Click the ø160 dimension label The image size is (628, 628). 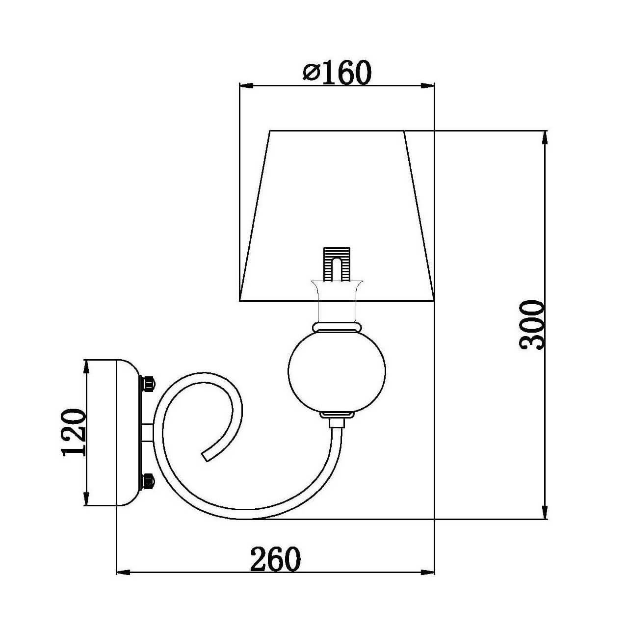(337, 72)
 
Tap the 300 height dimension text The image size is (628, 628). (532, 325)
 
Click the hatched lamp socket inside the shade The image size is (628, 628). (337, 264)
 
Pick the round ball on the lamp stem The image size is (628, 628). (337, 371)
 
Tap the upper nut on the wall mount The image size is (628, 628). (148, 384)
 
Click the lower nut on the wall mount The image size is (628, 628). (148, 481)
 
